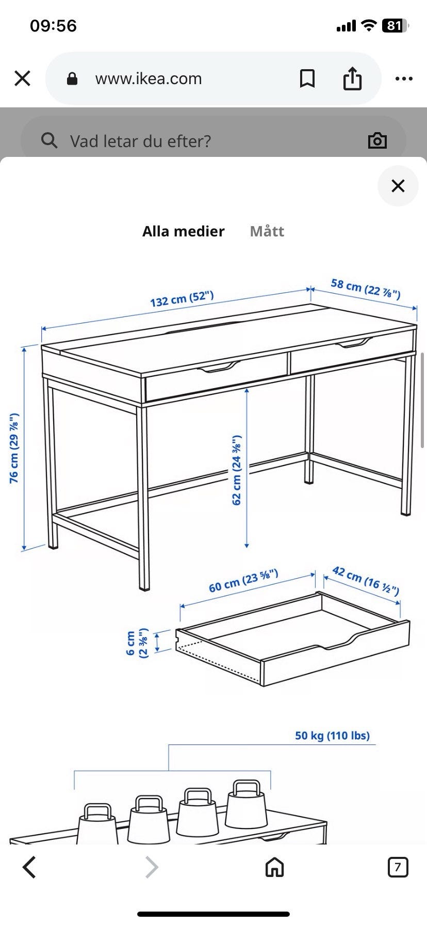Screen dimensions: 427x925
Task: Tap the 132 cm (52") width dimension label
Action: (182, 299)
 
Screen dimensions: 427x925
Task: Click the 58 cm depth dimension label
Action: (366, 289)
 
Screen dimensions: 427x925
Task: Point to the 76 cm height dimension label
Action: (14, 448)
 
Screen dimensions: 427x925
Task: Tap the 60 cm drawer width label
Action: (243, 581)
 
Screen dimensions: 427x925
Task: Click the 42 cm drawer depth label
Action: (366, 580)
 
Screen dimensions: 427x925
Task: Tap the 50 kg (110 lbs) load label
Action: (332, 736)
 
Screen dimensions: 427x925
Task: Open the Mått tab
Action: (267, 231)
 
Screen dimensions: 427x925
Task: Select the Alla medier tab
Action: (184, 231)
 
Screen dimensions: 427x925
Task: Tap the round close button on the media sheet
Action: (398, 186)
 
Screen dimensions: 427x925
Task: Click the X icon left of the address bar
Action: (23, 78)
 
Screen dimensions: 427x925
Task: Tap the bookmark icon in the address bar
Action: (307, 78)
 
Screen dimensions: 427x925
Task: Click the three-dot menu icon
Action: (404, 79)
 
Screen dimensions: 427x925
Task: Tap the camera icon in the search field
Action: (377, 140)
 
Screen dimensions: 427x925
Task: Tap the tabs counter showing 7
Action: (398, 867)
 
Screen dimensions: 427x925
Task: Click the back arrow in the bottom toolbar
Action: (29, 867)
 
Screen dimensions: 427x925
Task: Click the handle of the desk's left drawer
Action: (219, 368)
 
